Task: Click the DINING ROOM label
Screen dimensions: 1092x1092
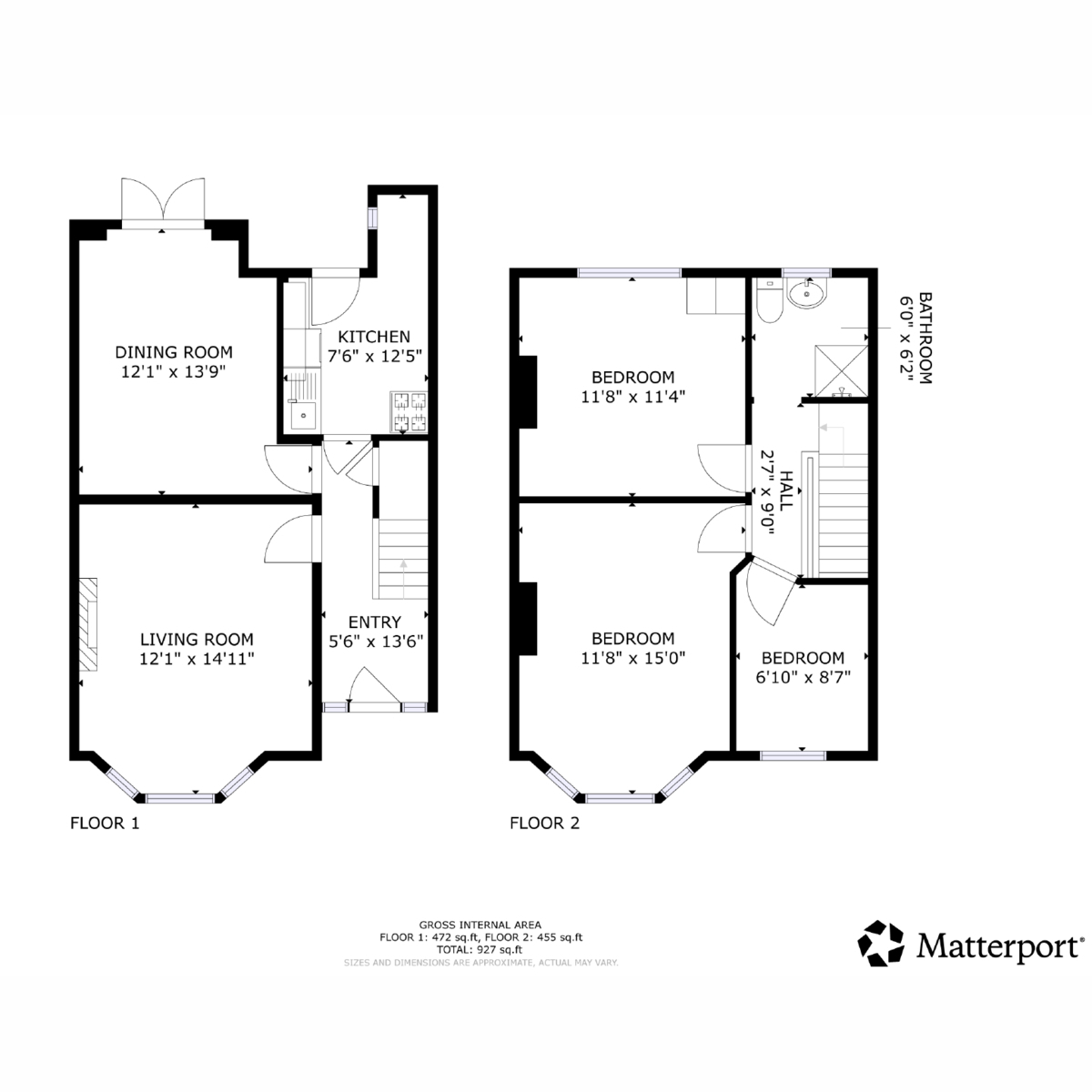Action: (x=174, y=352)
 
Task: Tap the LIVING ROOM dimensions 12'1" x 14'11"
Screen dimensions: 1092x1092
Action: (x=197, y=659)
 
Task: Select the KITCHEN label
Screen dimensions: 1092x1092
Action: (x=374, y=337)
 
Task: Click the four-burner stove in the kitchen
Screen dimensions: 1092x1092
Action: (x=409, y=412)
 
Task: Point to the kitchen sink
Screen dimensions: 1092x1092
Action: (x=303, y=415)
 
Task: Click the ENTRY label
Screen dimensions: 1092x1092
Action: (x=375, y=622)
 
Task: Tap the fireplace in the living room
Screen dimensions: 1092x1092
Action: (x=88, y=624)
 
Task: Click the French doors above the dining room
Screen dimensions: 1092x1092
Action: (x=163, y=203)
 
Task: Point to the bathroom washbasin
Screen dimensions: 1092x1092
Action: (x=807, y=294)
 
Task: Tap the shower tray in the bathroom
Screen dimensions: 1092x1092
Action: (x=841, y=370)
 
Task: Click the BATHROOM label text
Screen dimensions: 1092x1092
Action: (x=925, y=338)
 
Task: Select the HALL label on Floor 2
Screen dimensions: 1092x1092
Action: (x=786, y=490)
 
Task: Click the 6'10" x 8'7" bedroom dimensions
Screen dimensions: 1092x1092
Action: (x=804, y=677)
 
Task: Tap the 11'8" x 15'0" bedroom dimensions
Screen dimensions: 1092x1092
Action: (x=633, y=658)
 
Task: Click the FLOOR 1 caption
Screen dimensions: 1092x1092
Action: (x=105, y=823)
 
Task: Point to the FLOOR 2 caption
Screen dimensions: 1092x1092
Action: (x=545, y=823)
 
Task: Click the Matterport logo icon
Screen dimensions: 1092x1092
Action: (x=881, y=944)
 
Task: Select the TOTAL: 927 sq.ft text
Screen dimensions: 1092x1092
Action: (x=480, y=949)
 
